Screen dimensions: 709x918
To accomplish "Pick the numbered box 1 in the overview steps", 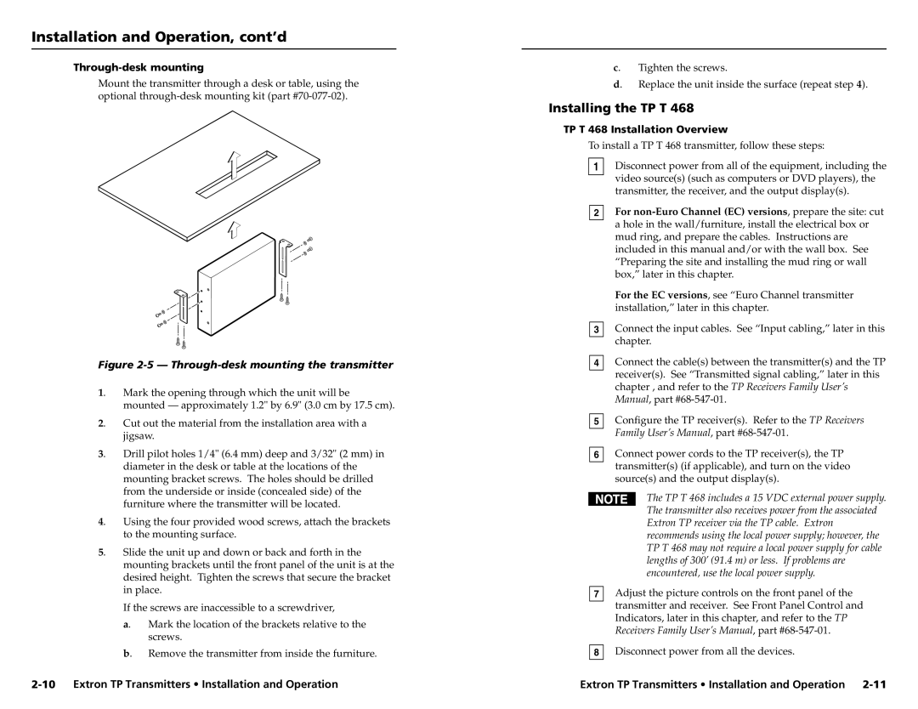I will pyautogui.click(x=598, y=167).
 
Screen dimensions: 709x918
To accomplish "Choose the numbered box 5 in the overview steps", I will pyautogui.click(x=598, y=422).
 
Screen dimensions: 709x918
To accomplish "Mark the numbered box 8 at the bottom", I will pyautogui.click(x=598, y=653).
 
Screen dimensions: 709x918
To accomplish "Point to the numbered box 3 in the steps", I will pyautogui.click(x=598, y=329).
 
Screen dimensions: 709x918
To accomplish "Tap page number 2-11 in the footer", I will pyautogui.click(x=873, y=683).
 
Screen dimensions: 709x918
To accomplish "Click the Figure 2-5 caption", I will pyautogui.click(x=246, y=365).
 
